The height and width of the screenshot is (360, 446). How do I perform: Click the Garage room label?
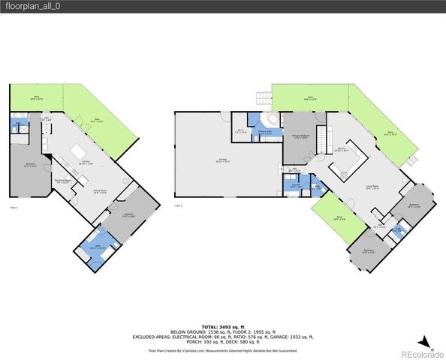click(x=224, y=160)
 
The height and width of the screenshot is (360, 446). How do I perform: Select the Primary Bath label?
click(x=264, y=132)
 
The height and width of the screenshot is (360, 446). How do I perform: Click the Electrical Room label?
click(x=63, y=180)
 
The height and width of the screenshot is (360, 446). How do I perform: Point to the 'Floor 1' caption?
click(x=14, y=206)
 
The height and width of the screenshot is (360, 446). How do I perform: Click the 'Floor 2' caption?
click(x=178, y=205)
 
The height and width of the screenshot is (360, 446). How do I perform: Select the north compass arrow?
click(x=423, y=340)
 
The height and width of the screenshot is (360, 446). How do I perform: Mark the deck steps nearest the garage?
click(x=263, y=97)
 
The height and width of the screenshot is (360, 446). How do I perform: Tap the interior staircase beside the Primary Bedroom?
click(x=324, y=139)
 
